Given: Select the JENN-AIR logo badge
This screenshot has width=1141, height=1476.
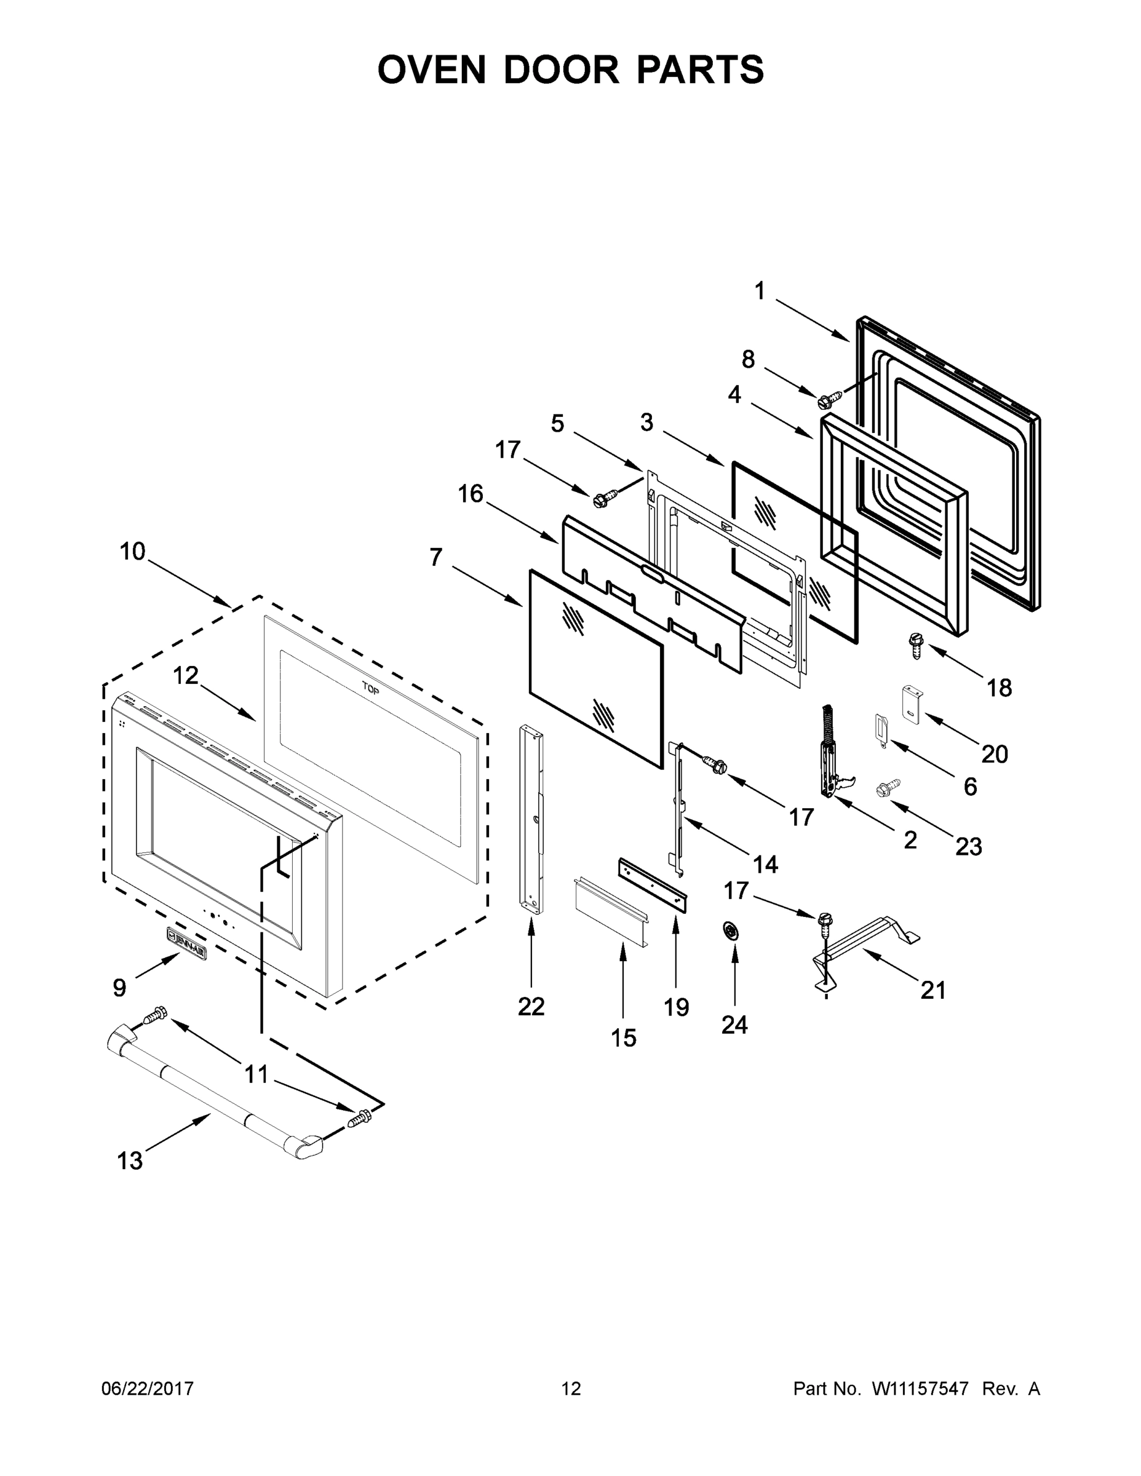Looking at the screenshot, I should pyautogui.click(x=186, y=934).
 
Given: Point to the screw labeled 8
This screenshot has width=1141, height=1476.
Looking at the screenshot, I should pyautogui.click(x=825, y=400).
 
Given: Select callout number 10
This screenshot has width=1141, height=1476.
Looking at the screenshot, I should pyautogui.click(x=132, y=552).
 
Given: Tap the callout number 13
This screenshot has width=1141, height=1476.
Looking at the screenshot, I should pyautogui.click(x=130, y=1161).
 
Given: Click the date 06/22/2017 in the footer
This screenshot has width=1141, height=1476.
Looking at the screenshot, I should pyautogui.click(x=148, y=1389).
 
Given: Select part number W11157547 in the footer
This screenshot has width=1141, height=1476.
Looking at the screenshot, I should pyautogui.click(x=920, y=1389).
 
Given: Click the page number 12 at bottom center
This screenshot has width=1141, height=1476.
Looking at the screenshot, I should pyautogui.click(x=571, y=1389).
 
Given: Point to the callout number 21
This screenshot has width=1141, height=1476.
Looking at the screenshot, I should pyautogui.click(x=933, y=991).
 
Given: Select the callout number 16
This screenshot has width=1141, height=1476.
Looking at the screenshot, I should pyautogui.click(x=471, y=494).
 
